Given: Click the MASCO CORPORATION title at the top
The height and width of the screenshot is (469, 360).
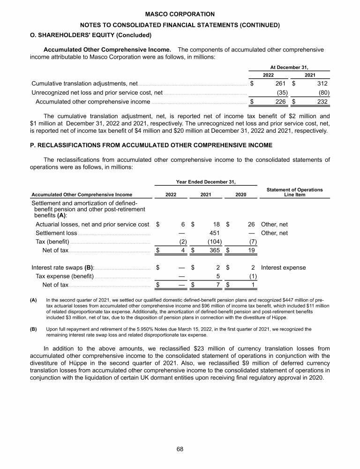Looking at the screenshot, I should coord(180,15).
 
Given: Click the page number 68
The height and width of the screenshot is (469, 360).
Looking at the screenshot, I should coord(180,449).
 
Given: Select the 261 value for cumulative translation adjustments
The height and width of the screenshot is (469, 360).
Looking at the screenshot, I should coord(280,83).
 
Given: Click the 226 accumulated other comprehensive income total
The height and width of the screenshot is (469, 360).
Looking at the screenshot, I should coord(280,101).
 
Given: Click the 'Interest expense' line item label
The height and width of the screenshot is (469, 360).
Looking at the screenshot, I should coord(283,268).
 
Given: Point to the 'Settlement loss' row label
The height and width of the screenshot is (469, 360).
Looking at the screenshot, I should coord(56,233).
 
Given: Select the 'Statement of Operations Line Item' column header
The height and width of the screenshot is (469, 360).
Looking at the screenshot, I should coord(294,192).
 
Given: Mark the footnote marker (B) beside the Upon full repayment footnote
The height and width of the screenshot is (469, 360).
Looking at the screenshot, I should coord(33,329).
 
